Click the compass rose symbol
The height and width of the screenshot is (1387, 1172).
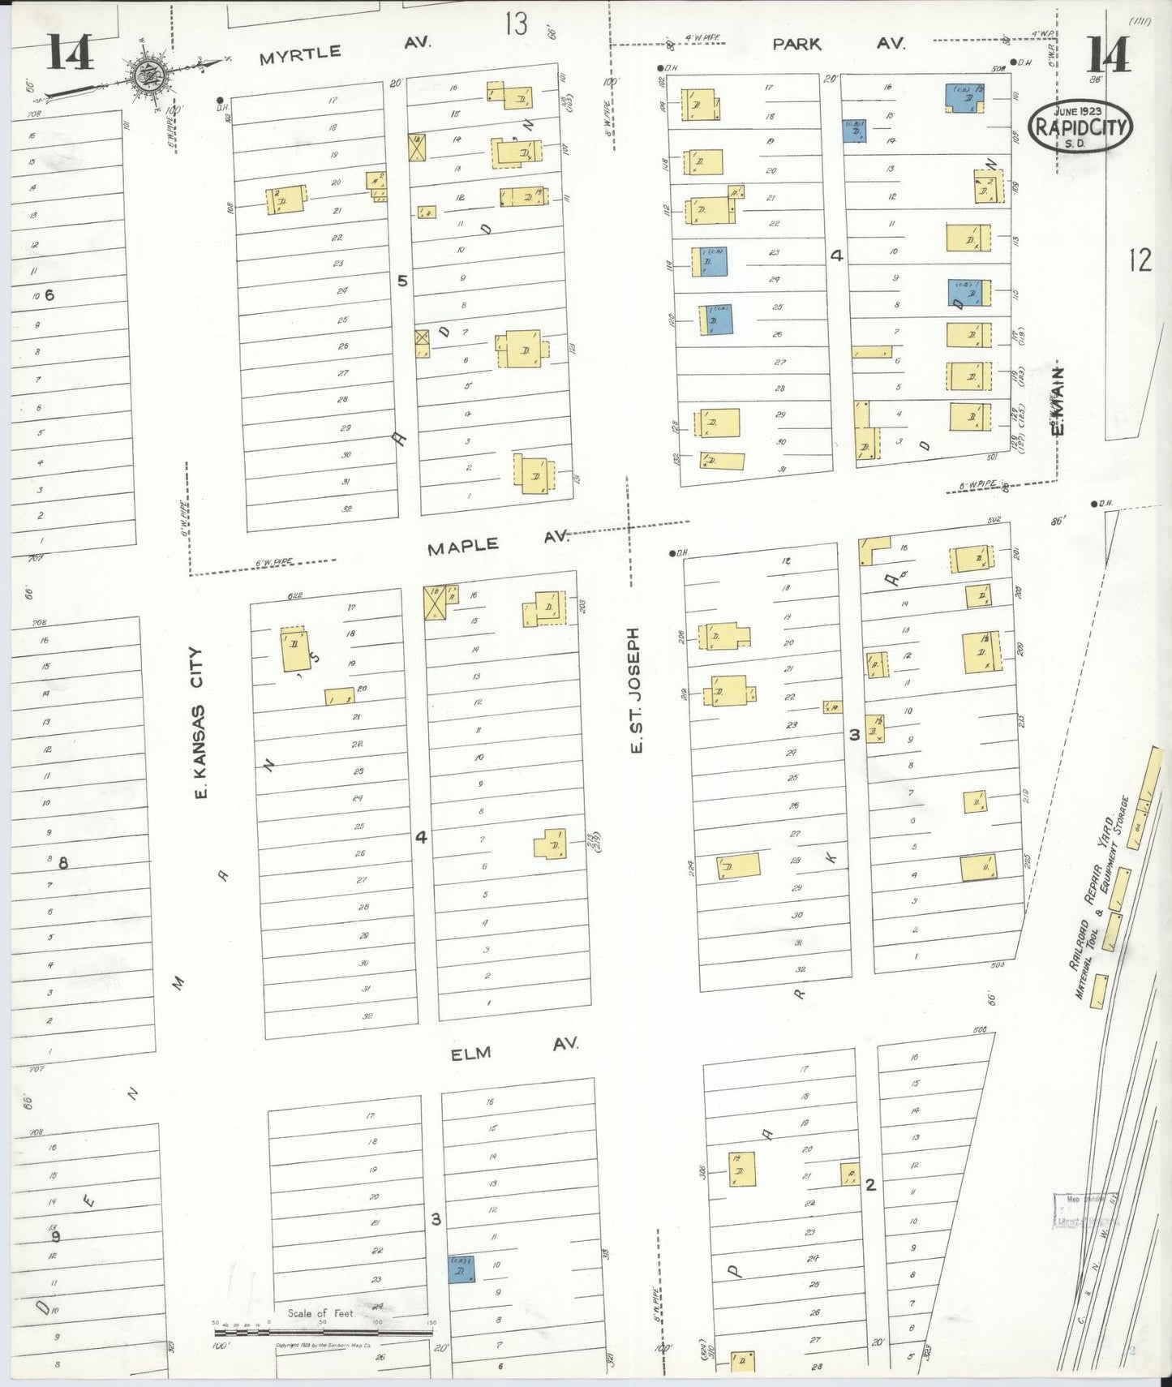pos(148,75)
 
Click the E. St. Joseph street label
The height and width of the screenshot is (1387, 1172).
pos(635,689)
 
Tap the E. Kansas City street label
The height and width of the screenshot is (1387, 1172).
pos(199,722)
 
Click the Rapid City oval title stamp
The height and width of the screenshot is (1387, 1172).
pos(1080,127)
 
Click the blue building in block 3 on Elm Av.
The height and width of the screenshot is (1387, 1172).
pos(462,1269)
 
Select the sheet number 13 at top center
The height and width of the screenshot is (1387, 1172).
pos(516,24)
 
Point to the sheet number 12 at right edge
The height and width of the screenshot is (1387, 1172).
pos(1139,260)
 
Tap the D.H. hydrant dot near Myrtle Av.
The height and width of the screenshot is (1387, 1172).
pos(220,101)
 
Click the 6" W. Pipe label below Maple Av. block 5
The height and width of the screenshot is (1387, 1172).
pos(274,562)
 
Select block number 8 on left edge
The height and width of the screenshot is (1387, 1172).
pos(62,862)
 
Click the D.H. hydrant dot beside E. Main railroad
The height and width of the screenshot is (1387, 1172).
pos(1093,504)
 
